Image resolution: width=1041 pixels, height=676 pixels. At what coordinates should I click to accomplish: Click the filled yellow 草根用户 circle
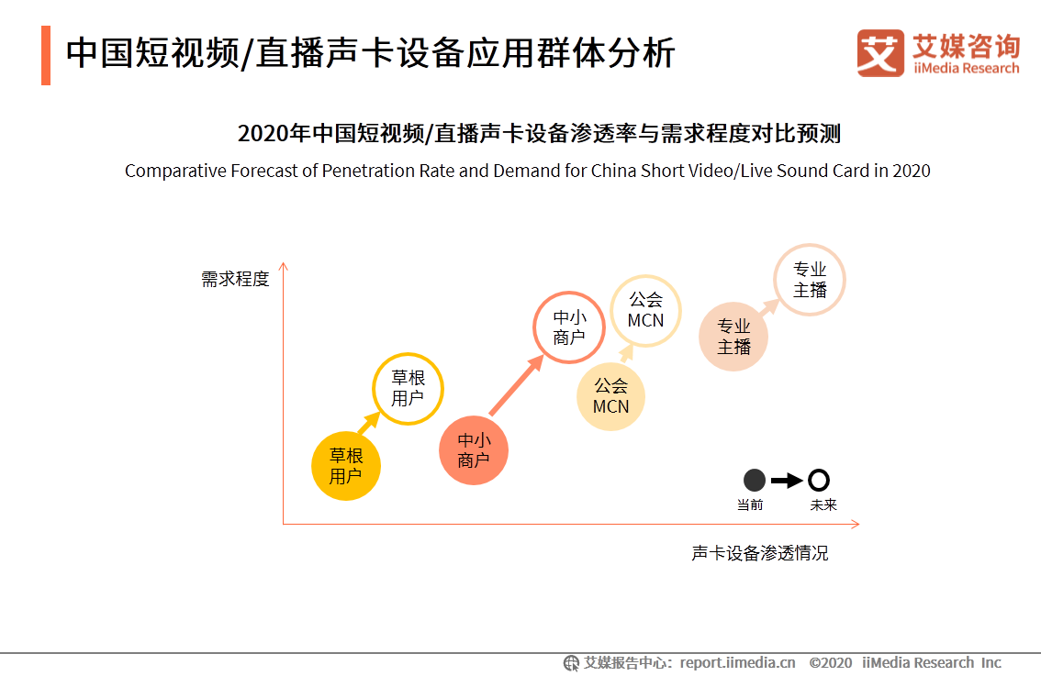346,466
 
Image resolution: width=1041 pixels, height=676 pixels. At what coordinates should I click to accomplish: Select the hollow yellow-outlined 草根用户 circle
408,389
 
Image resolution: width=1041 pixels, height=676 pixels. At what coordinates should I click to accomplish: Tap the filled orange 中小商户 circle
473,450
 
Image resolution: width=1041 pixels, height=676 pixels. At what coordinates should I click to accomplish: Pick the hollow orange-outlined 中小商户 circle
569,327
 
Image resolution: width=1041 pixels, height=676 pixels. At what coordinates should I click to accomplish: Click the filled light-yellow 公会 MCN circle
610,396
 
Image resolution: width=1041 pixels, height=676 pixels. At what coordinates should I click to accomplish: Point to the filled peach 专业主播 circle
733,337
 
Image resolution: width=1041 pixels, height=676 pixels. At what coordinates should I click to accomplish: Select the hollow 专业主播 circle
810,281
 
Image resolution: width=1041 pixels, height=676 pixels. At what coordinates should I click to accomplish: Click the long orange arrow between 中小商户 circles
516,386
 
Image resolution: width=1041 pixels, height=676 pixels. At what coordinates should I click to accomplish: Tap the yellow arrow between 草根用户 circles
368,424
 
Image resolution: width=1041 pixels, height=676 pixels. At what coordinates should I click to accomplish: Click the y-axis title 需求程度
236,279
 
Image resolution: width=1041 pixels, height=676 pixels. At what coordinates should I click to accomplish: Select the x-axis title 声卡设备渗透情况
760,553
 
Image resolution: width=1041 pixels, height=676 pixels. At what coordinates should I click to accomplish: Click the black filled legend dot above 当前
754,480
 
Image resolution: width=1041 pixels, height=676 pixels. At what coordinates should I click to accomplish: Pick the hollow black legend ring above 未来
819,480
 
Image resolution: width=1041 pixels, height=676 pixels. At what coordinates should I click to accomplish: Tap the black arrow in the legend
787,480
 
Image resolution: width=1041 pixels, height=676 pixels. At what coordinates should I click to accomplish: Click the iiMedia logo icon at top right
880,53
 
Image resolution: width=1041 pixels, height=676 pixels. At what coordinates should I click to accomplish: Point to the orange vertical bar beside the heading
45,55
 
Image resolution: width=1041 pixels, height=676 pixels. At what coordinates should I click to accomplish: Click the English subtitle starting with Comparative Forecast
527,171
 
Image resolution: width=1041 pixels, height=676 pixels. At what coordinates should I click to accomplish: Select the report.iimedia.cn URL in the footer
739,662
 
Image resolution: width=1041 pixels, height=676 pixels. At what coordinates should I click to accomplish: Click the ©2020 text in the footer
831,662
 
